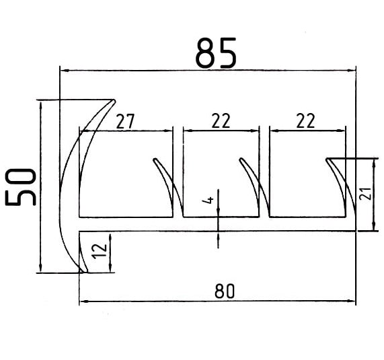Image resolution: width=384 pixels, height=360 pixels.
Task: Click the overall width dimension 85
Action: point(216,53)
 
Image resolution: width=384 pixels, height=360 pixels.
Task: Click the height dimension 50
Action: point(20,187)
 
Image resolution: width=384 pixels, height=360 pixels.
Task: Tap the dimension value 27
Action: point(125,121)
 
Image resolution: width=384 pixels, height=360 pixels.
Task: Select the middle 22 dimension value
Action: point(221,120)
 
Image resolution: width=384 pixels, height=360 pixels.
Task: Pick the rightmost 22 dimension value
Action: point(305,120)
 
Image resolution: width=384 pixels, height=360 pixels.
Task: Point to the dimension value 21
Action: point(366,194)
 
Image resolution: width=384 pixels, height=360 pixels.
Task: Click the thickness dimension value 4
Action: point(208,201)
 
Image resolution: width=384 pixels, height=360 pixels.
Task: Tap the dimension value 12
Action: point(100,251)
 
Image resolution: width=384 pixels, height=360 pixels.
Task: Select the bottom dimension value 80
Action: point(225,291)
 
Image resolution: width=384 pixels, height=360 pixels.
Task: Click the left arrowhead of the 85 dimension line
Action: point(64,71)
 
